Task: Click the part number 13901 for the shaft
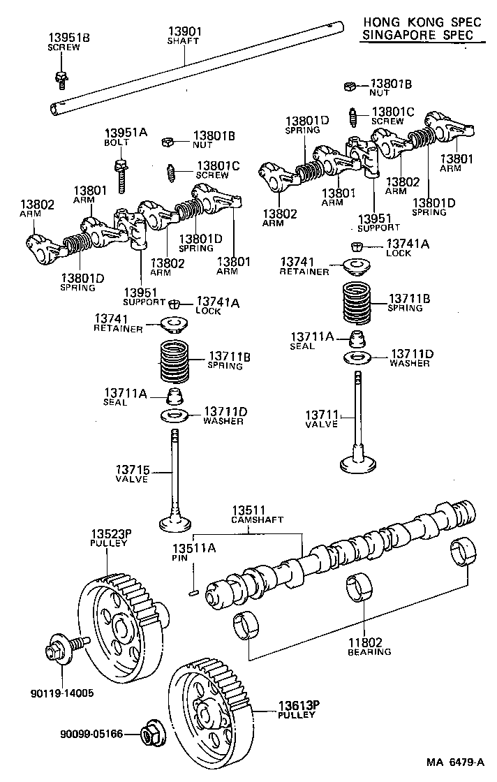[x=184, y=31]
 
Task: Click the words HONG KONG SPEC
[x=422, y=22]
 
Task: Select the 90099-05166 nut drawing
[x=149, y=735]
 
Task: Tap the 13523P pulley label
[x=107, y=537]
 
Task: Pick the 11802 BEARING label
[x=369, y=647]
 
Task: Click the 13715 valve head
[x=174, y=523]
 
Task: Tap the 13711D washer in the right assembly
[x=359, y=358]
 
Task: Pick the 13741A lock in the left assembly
[x=176, y=304]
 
